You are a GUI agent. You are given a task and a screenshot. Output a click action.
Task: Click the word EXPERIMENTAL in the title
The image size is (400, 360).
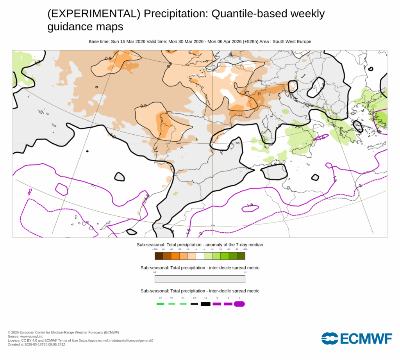click(93, 14)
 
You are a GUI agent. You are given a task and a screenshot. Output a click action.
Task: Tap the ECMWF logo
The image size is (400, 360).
click(357, 339)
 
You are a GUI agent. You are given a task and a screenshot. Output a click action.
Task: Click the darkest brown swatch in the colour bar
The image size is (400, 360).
click(159, 256)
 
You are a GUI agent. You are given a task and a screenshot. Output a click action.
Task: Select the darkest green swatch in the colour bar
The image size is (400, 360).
click(241, 256)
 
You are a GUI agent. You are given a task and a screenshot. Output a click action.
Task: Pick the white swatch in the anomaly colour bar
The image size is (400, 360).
click(200, 256)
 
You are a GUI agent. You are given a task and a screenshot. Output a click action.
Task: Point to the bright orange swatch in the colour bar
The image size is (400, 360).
click(175, 256)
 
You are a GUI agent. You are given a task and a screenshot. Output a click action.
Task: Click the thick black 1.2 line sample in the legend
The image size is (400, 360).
click(205, 304)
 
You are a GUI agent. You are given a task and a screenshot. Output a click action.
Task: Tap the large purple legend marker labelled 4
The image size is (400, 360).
click(239, 304)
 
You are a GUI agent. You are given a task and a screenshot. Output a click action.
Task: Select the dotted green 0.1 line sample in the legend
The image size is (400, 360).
click(160, 304)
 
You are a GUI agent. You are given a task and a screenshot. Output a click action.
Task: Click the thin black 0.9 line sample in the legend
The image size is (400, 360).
click(194, 304)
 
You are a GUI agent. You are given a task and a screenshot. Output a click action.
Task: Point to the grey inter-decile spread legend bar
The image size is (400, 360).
click(200, 279)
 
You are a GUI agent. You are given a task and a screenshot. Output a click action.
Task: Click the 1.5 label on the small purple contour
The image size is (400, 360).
click(250, 205)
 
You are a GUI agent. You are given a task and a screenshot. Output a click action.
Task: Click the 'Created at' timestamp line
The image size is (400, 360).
click(37, 344)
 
